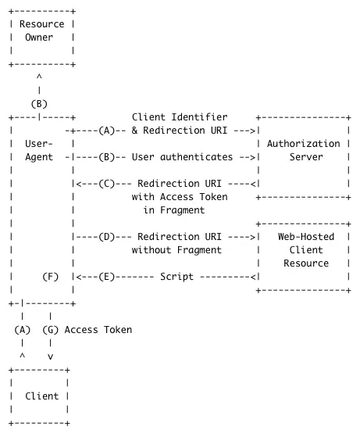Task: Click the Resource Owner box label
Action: click(x=41, y=31)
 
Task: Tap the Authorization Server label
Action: click(x=304, y=150)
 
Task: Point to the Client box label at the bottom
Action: click(x=41, y=396)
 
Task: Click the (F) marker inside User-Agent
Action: click(x=50, y=276)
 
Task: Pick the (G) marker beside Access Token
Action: click(x=50, y=329)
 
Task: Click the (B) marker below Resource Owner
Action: click(x=38, y=103)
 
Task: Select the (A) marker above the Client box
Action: click(x=23, y=329)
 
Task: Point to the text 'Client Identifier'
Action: click(x=185, y=117)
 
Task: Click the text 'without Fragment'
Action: click(x=176, y=249)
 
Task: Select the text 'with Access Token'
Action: click(x=180, y=197)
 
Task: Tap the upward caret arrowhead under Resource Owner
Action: click(x=38, y=77)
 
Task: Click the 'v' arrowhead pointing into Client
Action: click(x=50, y=356)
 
